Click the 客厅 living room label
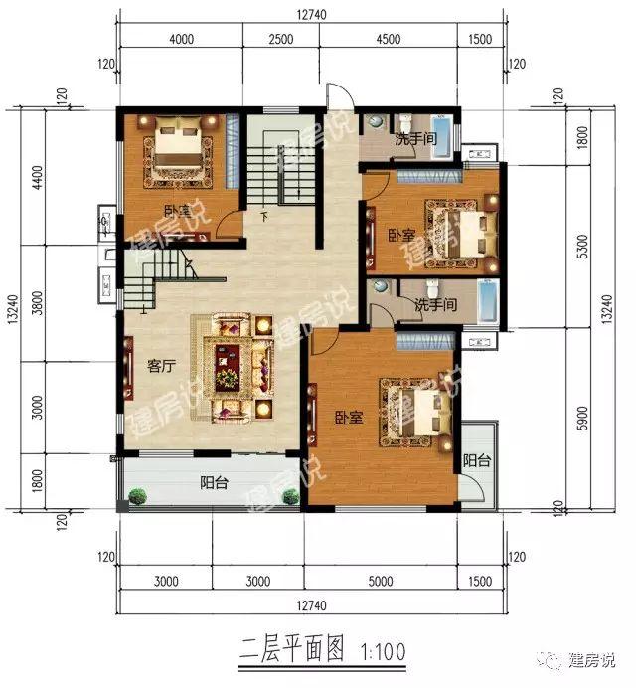[161, 365]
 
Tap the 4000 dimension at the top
[181, 39]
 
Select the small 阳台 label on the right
[477, 460]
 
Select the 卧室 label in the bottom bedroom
[348, 419]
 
